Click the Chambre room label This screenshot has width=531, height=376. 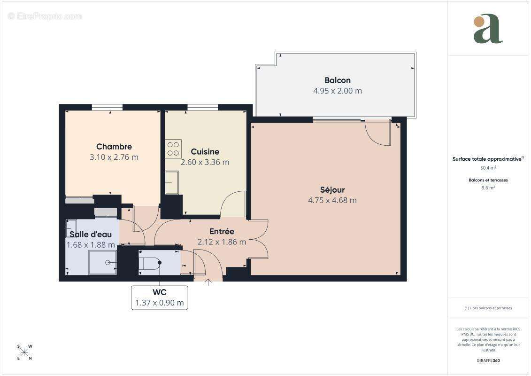pos(114,147)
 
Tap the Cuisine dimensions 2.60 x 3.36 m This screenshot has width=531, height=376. pos(205,162)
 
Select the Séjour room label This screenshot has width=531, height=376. pos(332,190)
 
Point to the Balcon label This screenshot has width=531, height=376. pos(337,80)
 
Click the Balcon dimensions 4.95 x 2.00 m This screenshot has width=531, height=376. pos(337,91)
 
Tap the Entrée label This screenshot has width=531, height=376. pos(222,231)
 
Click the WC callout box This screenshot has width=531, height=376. pos(159,298)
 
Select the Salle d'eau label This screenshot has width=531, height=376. pos(91,234)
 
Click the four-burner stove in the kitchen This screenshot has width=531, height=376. pos(173,149)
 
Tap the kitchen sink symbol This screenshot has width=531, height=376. pos(172,182)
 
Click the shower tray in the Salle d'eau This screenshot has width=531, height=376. pos(102,262)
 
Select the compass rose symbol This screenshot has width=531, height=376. pos(24,352)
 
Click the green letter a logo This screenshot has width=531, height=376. pos(488,29)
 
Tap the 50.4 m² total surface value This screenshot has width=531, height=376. pos(488,167)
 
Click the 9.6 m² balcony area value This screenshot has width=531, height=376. pos(488,187)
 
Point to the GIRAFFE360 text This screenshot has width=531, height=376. pos(488,361)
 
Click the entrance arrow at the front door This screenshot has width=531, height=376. pos(208,282)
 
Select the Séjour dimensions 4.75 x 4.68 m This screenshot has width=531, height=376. pos(332,200)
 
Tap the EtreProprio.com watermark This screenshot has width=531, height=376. pos(45,16)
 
